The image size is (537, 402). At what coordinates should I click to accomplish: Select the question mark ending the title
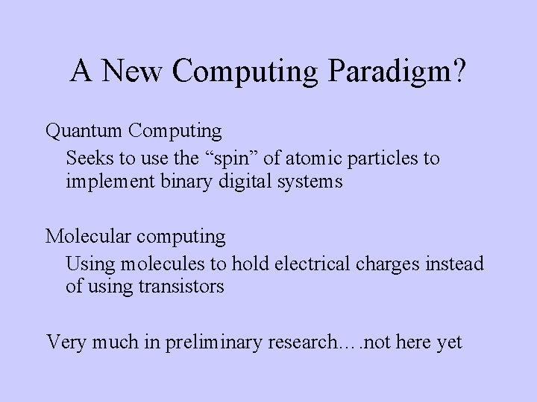click(458, 71)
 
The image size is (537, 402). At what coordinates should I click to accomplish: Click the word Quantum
click(83, 132)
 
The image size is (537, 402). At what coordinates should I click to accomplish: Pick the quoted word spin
click(217, 159)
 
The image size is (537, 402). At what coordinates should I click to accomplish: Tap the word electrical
click(309, 264)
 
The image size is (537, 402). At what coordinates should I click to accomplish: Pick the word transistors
click(180, 287)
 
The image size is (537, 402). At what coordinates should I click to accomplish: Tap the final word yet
click(449, 342)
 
